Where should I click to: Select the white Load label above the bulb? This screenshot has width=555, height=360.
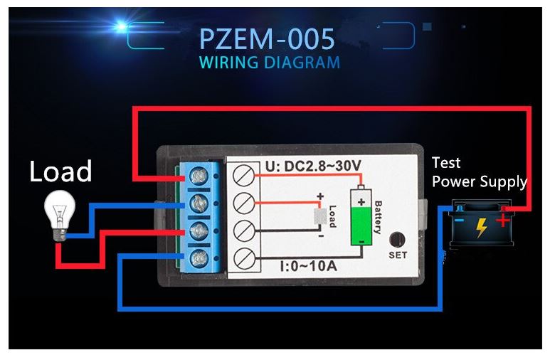[x=60, y=171]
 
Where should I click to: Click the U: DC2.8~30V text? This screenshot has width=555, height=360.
[x=314, y=166]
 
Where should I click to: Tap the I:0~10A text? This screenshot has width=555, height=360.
[x=307, y=267]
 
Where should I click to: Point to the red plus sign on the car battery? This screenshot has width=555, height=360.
[x=503, y=220]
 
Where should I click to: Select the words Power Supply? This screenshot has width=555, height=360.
[x=479, y=181]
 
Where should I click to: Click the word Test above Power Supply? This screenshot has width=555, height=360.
[x=446, y=163]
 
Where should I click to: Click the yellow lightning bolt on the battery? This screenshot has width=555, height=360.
[x=482, y=228]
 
